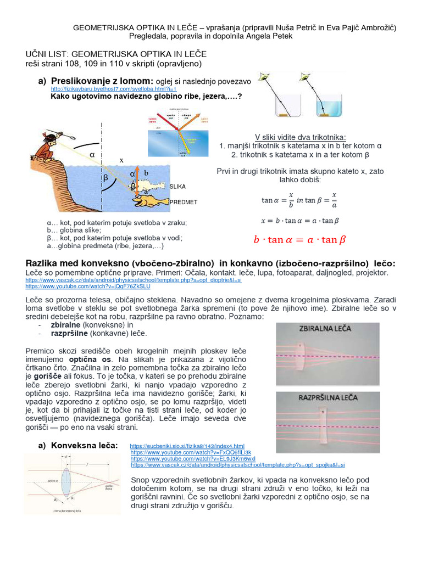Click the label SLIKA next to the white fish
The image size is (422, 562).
(x=177, y=187)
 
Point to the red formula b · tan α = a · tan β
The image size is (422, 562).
(x=299, y=239)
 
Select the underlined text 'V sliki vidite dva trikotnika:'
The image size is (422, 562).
(x=300, y=137)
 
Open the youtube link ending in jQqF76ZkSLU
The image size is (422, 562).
(x=87, y=286)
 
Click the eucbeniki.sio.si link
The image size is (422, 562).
(x=187, y=446)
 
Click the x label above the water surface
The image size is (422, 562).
(x=122, y=160)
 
